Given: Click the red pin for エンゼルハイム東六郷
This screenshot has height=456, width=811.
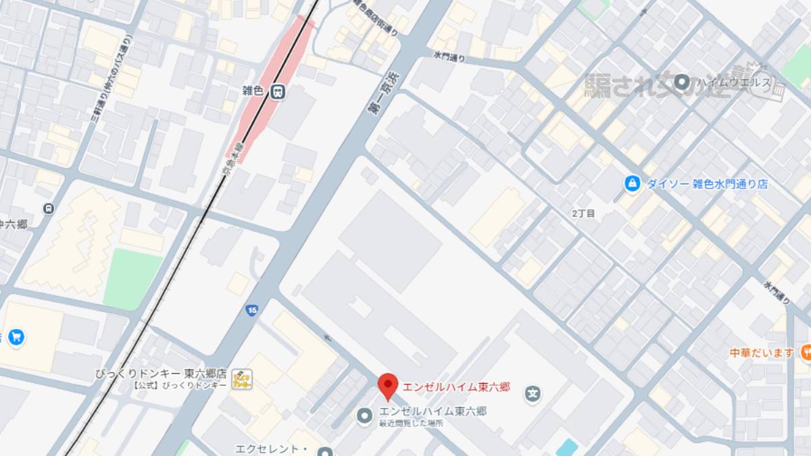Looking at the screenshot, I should tap(387, 386).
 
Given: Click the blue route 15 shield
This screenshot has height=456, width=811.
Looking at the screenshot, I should tap(251, 310).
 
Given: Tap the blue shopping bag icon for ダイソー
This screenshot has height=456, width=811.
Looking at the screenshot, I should tap(632, 184).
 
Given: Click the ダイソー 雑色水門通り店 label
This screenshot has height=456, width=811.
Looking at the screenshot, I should tap(706, 184).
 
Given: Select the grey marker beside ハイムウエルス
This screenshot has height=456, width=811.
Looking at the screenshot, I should tap(682, 82).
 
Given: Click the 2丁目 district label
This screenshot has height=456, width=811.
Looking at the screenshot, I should tap(583, 213).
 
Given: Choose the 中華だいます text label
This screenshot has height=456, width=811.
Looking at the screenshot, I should tap(762, 352).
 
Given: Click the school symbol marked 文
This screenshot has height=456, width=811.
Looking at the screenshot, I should tap(533, 392).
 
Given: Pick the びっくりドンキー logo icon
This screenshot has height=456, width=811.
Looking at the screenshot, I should tap(241, 379).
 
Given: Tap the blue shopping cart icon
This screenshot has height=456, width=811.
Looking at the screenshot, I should tap(15, 337).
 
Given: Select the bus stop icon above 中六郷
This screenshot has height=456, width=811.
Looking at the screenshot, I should tap(48, 208).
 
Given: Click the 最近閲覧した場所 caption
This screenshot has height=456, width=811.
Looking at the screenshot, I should tap(411, 424).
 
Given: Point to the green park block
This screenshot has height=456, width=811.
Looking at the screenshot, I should tap(134, 278).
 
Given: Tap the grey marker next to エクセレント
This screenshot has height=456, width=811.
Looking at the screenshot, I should tap(325, 451).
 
